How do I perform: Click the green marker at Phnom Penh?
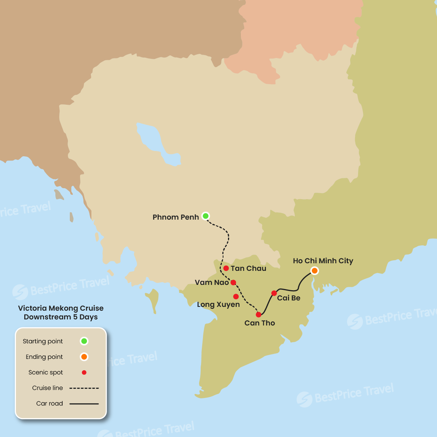[x=206, y=216]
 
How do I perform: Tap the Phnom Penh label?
[x=176, y=217]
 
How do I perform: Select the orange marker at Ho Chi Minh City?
[x=314, y=270]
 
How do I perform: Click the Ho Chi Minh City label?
[x=323, y=261]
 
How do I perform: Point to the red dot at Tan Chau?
[x=226, y=268]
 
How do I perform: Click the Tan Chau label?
[x=248, y=269]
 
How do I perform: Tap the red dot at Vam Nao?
[x=233, y=283]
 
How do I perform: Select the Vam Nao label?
[x=212, y=283]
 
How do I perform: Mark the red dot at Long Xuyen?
[x=236, y=297]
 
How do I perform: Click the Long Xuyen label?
[x=218, y=305]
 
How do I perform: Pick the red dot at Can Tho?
[x=259, y=315]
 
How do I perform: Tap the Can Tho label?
[x=260, y=323]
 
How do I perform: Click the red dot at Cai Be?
[x=274, y=293]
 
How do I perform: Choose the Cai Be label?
[x=289, y=298]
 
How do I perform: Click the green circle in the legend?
[x=84, y=341]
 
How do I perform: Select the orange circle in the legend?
[x=84, y=357]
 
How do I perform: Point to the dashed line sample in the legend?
[x=84, y=388]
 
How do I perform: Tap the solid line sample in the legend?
[x=84, y=404]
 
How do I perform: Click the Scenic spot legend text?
[x=46, y=373]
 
